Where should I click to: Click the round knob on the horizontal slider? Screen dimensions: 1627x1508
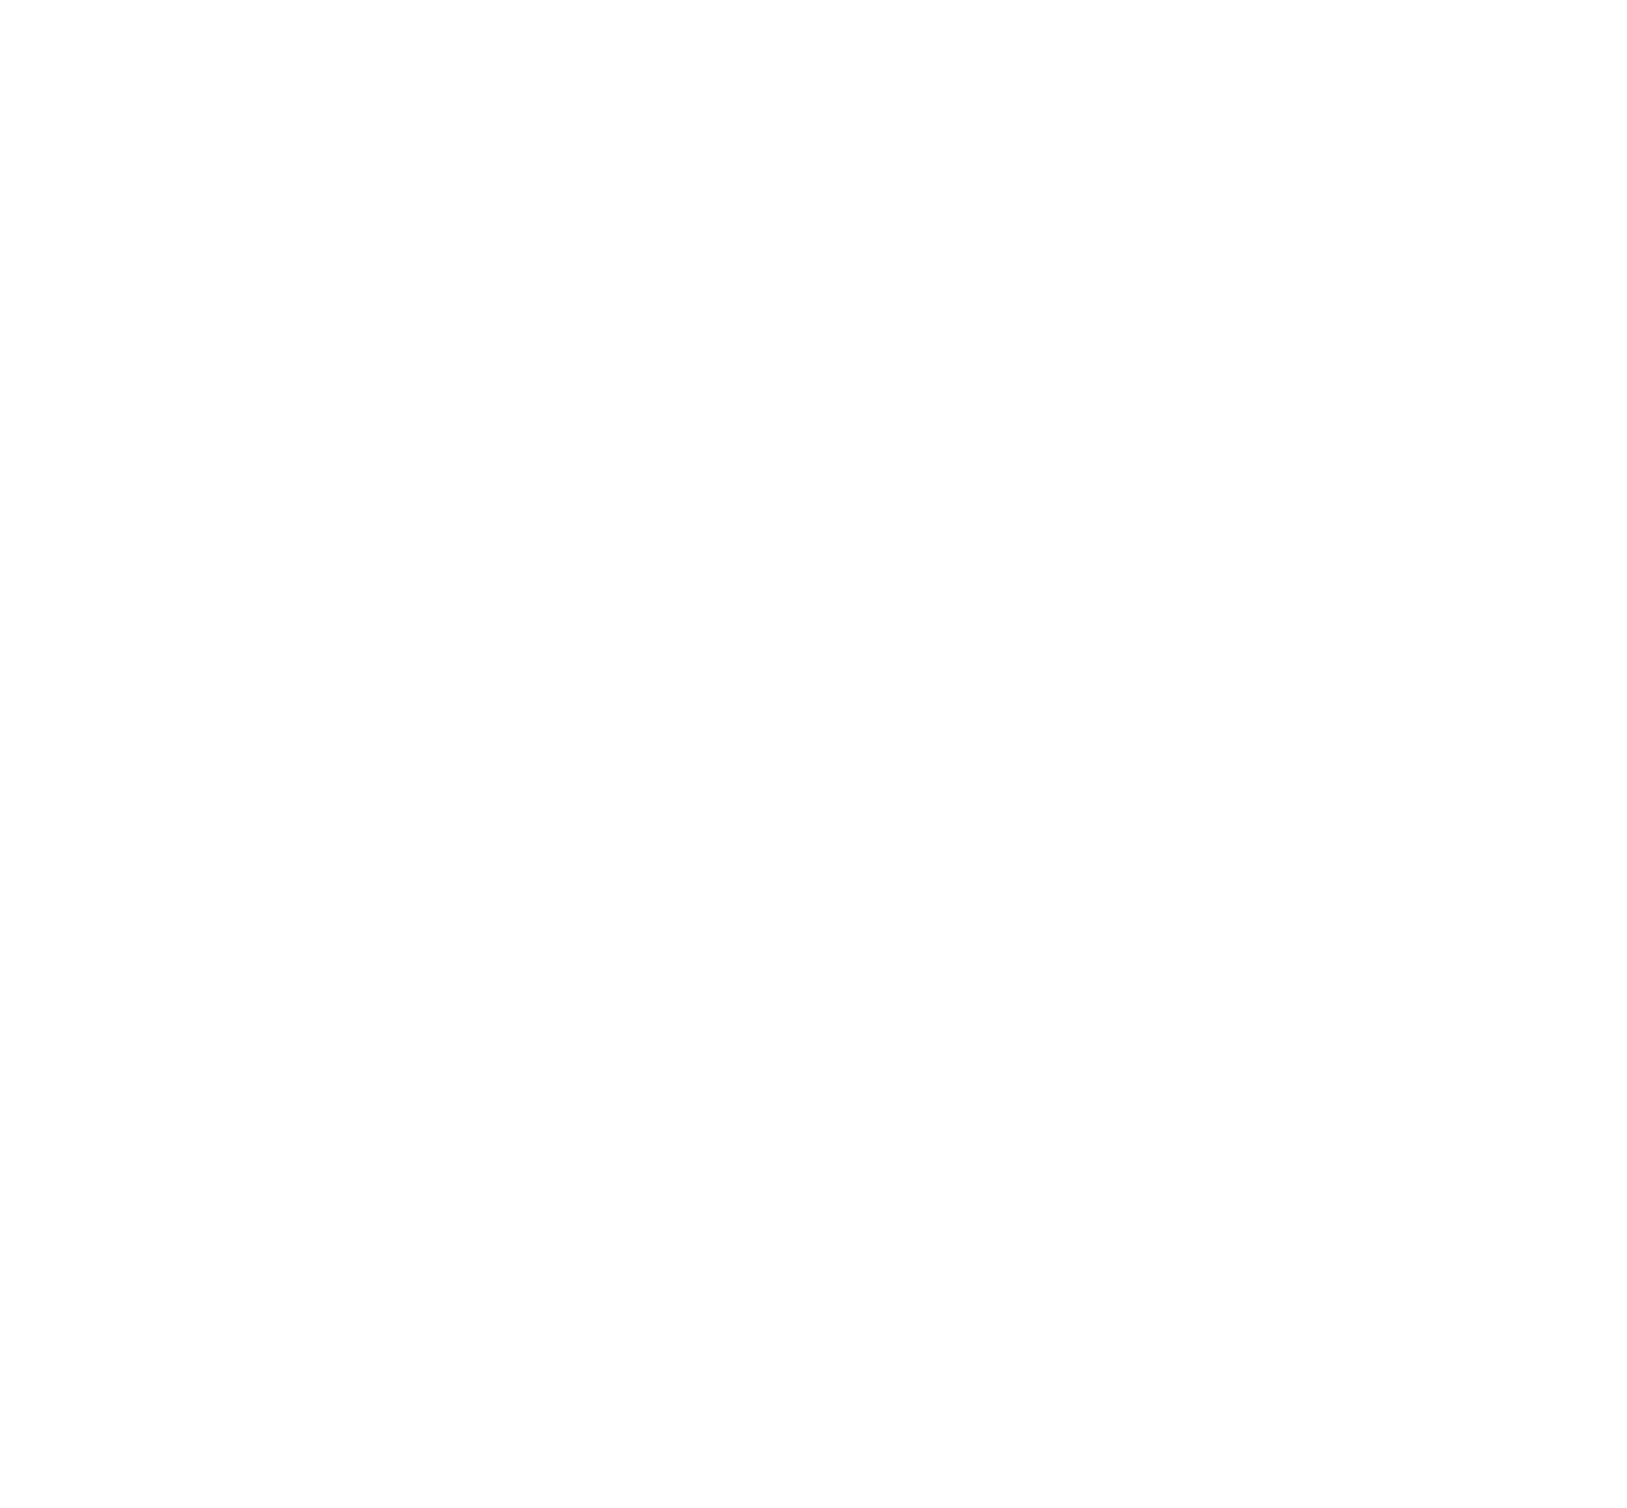[831, 1044]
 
